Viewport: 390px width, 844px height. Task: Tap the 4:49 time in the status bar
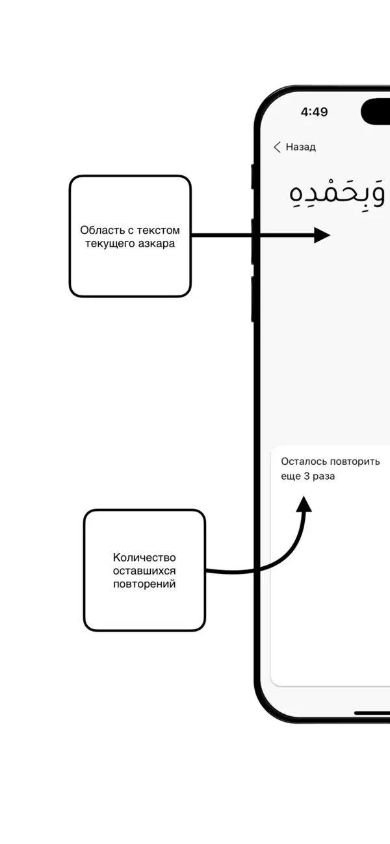[x=314, y=112]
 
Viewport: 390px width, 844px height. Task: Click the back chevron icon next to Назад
[x=277, y=147]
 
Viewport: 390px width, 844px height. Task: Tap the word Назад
[x=301, y=147]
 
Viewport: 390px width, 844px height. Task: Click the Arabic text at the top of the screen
[x=337, y=193]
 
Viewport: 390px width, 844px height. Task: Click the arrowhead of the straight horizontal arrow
[x=322, y=236]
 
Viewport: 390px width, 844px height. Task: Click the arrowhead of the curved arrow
[x=304, y=504]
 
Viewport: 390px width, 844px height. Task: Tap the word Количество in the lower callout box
[x=144, y=558]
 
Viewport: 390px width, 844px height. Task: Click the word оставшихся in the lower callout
[x=144, y=571]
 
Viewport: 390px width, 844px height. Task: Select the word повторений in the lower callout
[x=144, y=584]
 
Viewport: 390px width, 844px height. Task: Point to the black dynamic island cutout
[x=377, y=112]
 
